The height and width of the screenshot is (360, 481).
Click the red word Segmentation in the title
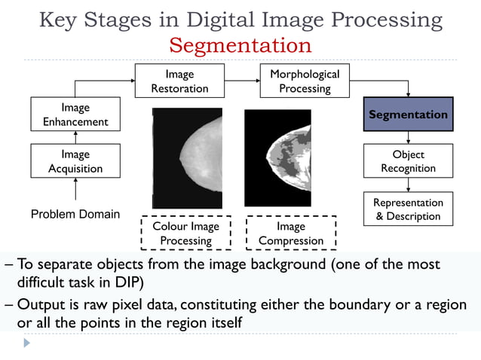240,45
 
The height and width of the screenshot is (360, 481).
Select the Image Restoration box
179,81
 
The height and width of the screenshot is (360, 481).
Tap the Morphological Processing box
304,81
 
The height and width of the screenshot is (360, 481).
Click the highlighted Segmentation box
408,114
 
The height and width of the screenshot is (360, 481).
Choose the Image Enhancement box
75,114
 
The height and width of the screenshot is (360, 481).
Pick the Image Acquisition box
75,161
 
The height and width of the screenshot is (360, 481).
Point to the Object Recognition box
408,161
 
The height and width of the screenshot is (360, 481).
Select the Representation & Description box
408,209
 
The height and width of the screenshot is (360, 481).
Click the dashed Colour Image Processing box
185,233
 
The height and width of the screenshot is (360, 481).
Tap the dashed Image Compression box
290,233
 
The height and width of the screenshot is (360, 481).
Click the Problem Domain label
75,214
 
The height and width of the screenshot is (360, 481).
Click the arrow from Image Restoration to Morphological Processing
242,81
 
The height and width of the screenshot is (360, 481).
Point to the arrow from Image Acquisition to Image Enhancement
75,138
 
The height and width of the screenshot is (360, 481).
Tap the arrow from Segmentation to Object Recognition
408,138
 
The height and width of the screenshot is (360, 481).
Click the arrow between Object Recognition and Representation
408,185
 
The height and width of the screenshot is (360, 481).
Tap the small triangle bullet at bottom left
28,343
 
